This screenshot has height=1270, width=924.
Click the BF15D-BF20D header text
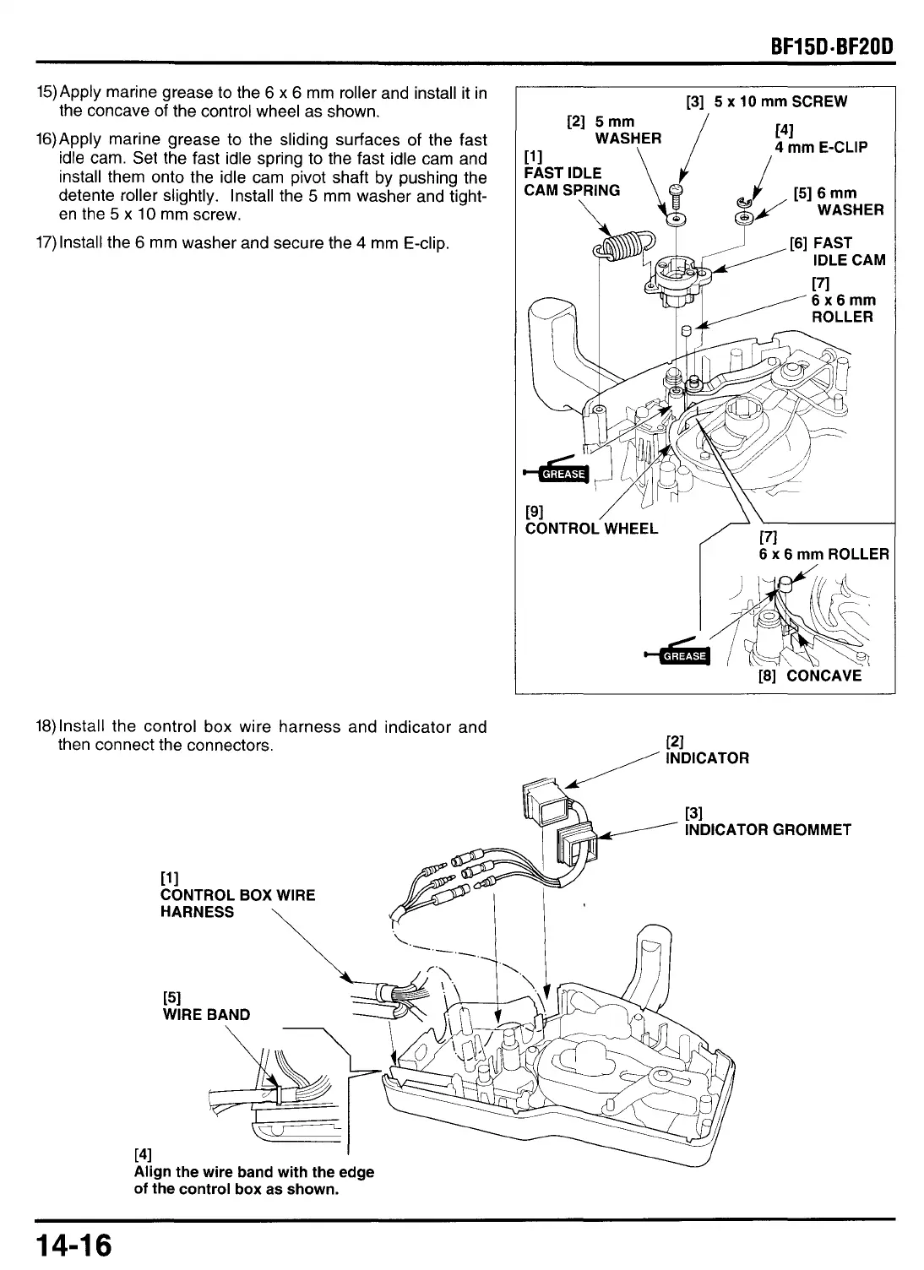pyautogui.click(x=825, y=43)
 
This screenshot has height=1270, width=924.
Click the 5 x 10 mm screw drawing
pyautogui.click(x=674, y=199)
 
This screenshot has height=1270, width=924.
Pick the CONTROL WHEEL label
pyautogui.click(x=591, y=529)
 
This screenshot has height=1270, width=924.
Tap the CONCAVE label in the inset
pyautogui.click(x=823, y=676)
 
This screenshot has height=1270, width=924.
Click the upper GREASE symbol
pyautogui.click(x=563, y=473)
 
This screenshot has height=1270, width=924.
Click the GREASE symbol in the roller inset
pyautogui.click(x=684, y=655)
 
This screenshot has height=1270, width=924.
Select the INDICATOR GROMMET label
pyautogui.click(x=768, y=829)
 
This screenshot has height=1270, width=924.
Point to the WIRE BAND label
pyautogui.click(x=206, y=1014)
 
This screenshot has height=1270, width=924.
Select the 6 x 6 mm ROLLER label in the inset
pyautogui.click(x=823, y=554)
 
